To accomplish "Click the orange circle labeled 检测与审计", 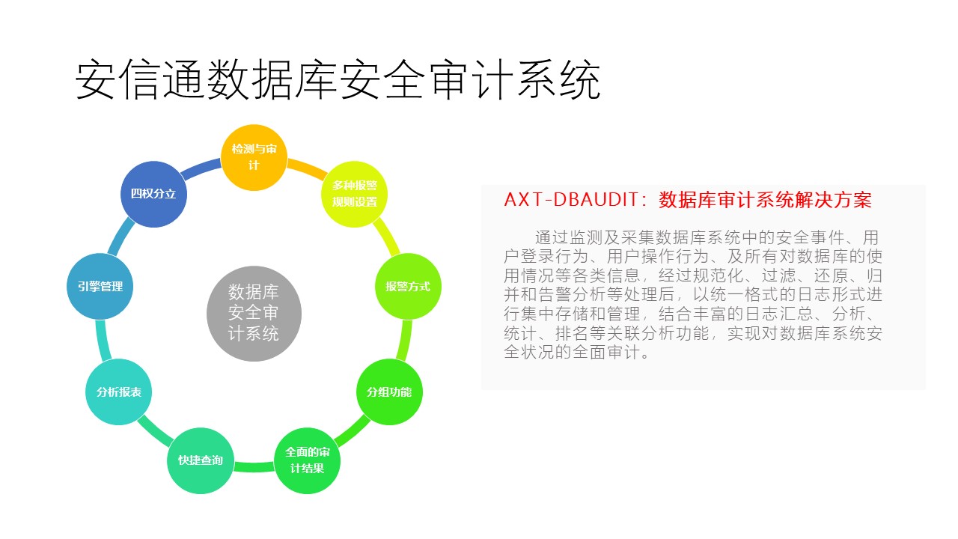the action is [254, 157].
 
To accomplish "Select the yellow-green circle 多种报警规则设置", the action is [355, 194].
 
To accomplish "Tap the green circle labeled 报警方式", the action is [408, 286].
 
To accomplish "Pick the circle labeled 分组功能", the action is [389, 392].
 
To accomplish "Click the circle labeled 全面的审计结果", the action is [307, 460].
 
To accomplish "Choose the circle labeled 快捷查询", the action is [201, 460].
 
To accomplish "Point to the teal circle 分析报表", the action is [119, 392].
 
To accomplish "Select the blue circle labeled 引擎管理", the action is [100, 286].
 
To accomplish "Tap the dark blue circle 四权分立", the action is [153, 194].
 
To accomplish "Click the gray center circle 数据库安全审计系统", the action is [254, 314].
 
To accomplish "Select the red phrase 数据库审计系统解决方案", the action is [765, 200].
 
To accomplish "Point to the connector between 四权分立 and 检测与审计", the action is [201, 167].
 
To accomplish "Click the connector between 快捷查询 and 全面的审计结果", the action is [254, 466].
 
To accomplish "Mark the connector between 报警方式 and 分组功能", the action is [404, 340].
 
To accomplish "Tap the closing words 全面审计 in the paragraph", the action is [606, 353].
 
